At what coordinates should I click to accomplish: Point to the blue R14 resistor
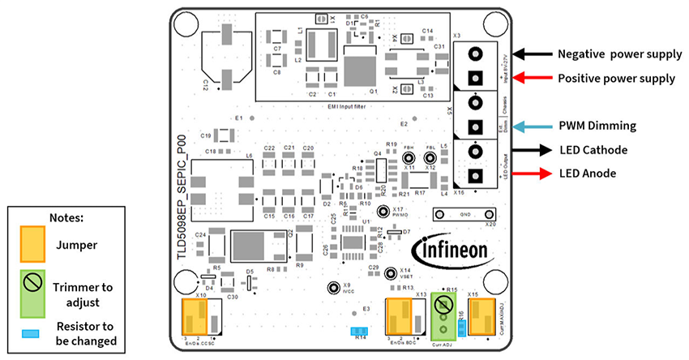point(358,331)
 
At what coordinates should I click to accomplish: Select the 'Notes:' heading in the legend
point(65,218)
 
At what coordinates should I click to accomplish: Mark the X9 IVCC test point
point(332,288)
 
